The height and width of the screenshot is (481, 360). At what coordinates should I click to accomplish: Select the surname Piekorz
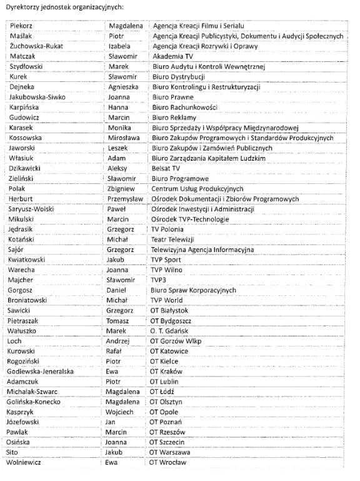[20, 26]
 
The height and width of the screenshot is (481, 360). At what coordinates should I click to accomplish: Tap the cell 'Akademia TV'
[172, 56]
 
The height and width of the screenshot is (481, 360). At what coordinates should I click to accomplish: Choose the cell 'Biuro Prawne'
[172, 97]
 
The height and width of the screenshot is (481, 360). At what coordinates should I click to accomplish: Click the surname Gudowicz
[24, 118]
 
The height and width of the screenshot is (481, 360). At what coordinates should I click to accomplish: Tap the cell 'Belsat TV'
[166, 168]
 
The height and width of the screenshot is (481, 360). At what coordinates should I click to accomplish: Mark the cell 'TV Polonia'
[167, 230]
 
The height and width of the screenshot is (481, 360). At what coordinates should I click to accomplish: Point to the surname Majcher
[21, 280]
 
